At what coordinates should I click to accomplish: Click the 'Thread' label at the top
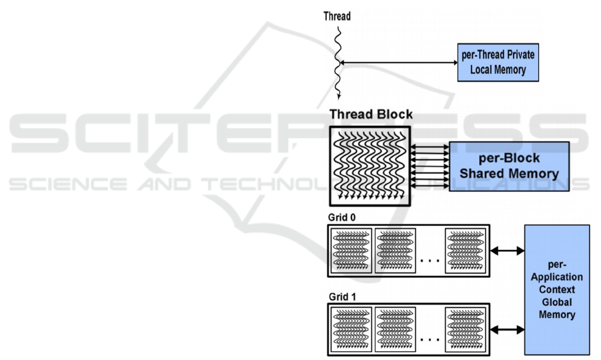337,15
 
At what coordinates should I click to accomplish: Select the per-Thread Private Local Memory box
498,61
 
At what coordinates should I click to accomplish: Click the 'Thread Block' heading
371,115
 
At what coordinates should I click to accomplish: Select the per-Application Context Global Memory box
557,289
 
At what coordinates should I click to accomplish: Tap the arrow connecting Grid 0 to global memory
507,251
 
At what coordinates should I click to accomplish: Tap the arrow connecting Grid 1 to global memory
507,329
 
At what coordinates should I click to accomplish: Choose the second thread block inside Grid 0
395,251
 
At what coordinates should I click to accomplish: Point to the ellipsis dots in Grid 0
430,259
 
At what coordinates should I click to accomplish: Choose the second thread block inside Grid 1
395,329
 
